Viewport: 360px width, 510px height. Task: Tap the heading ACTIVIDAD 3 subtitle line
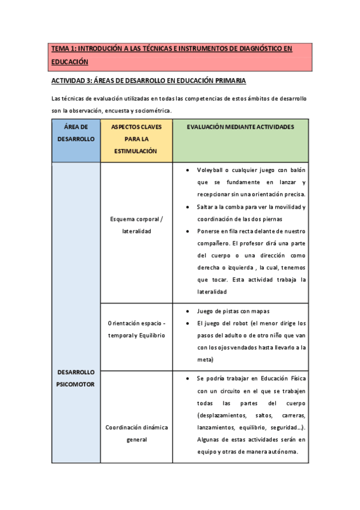pos(148,81)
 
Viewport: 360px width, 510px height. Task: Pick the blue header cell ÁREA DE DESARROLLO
pos(76,133)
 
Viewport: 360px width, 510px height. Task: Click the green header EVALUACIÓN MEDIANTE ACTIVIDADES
pos(240,127)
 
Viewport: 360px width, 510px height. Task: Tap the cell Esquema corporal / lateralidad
pos(136,225)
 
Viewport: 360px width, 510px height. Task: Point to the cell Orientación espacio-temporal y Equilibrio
pos(136,330)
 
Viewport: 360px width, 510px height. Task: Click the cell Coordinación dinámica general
pos(136,433)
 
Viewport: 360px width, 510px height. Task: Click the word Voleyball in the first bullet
pos(211,170)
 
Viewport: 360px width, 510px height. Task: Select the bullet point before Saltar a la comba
pos(189,207)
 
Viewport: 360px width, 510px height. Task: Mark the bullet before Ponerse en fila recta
pos(189,231)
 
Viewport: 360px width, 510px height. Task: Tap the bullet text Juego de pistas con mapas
pos(233,311)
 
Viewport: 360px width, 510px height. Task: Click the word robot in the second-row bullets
pos(236,323)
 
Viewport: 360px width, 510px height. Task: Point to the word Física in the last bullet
pos(296,378)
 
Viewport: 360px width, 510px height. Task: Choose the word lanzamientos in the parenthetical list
pos(215,427)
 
